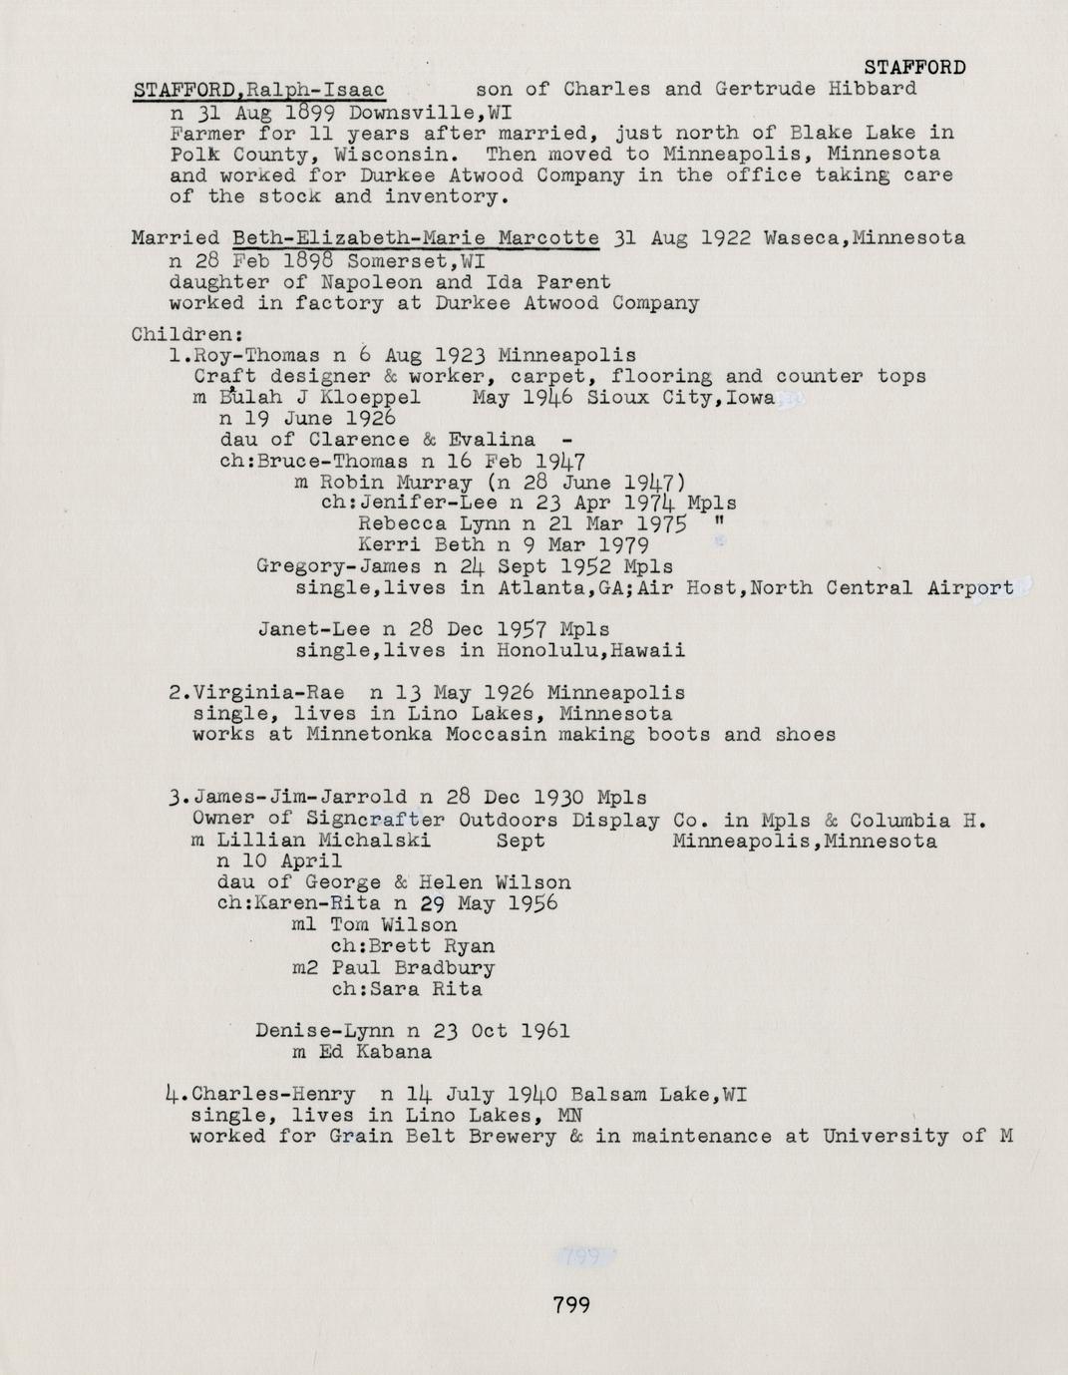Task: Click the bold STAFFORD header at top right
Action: [914, 68]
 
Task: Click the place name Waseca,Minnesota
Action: [864, 238]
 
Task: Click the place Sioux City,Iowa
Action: [680, 397]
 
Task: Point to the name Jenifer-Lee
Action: [423, 503]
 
